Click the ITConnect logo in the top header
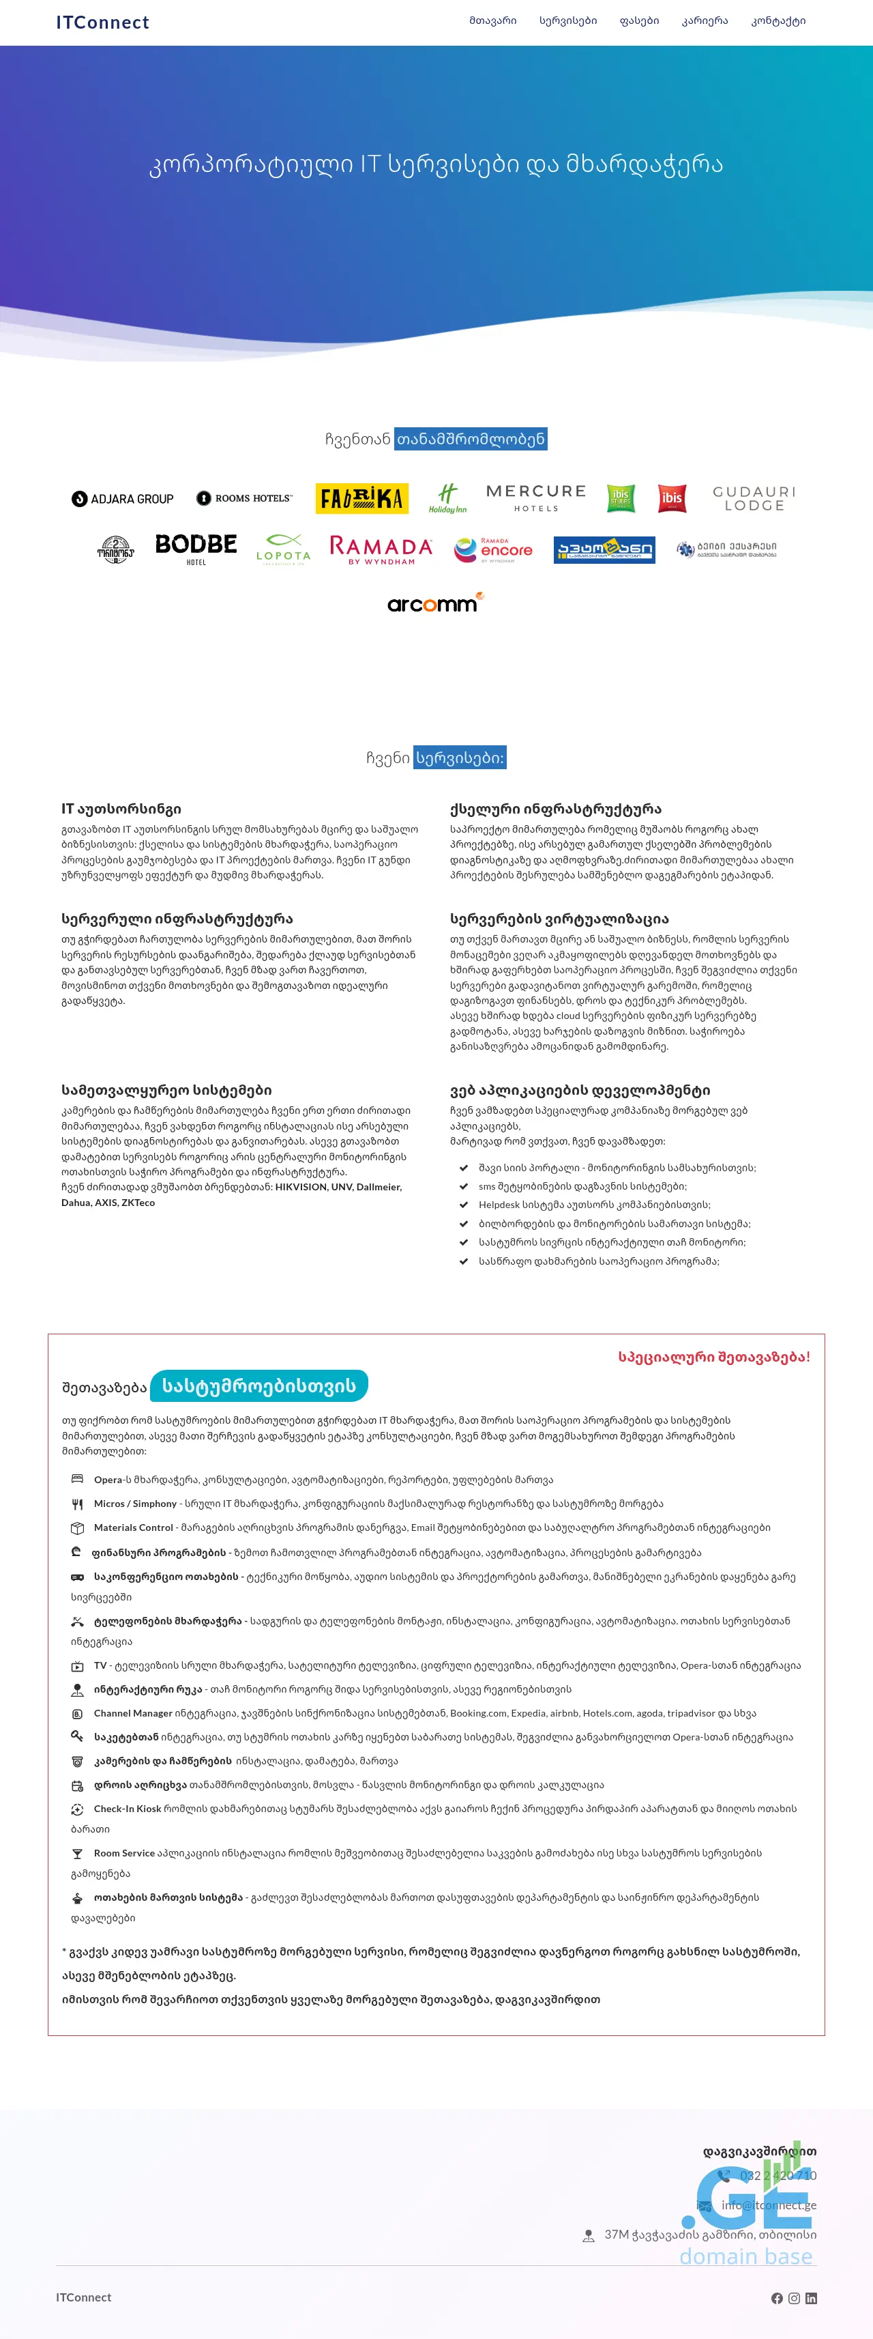[x=102, y=22]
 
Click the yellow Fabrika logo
[x=361, y=498]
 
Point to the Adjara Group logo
[x=123, y=498]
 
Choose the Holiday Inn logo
[x=447, y=498]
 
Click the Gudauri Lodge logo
[x=754, y=498]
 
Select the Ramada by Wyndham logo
[x=381, y=549]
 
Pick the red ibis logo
[x=672, y=498]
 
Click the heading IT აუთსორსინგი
[x=121, y=809]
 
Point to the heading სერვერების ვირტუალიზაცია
[x=559, y=919]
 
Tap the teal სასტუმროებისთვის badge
[x=258, y=1386]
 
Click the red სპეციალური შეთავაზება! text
[x=713, y=1357]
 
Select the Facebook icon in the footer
[x=777, y=2298]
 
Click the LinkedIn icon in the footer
[x=812, y=2298]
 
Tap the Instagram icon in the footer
[x=794, y=2298]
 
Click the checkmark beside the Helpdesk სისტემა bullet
[x=464, y=1205]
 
